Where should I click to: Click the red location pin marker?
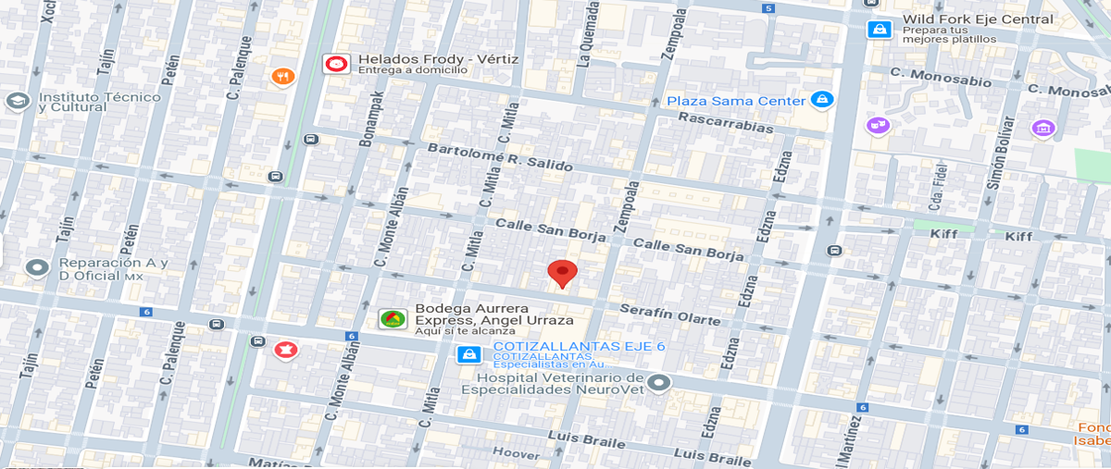pyautogui.click(x=562, y=273)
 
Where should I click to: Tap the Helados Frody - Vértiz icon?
pyautogui.click(x=335, y=64)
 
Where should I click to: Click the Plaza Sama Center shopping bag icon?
pyautogui.click(x=820, y=99)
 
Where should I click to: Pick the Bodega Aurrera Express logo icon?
pyautogui.click(x=392, y=319)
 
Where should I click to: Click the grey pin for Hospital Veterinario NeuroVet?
pyautogui.click(x=658, y=381)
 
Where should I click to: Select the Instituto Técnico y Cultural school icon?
pyautogui.click(x=17, y=101)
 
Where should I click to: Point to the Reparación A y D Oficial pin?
pyautogui.click(x=37, y=268)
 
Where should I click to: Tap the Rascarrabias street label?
pyautogui.click(x=725, y=123)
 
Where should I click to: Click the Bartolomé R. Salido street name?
pyautogui.click(x=499, y=157)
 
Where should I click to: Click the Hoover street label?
pyautogui.click(x=516, y=453)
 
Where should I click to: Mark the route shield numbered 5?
pyautogui.click(x=768, y=8)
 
